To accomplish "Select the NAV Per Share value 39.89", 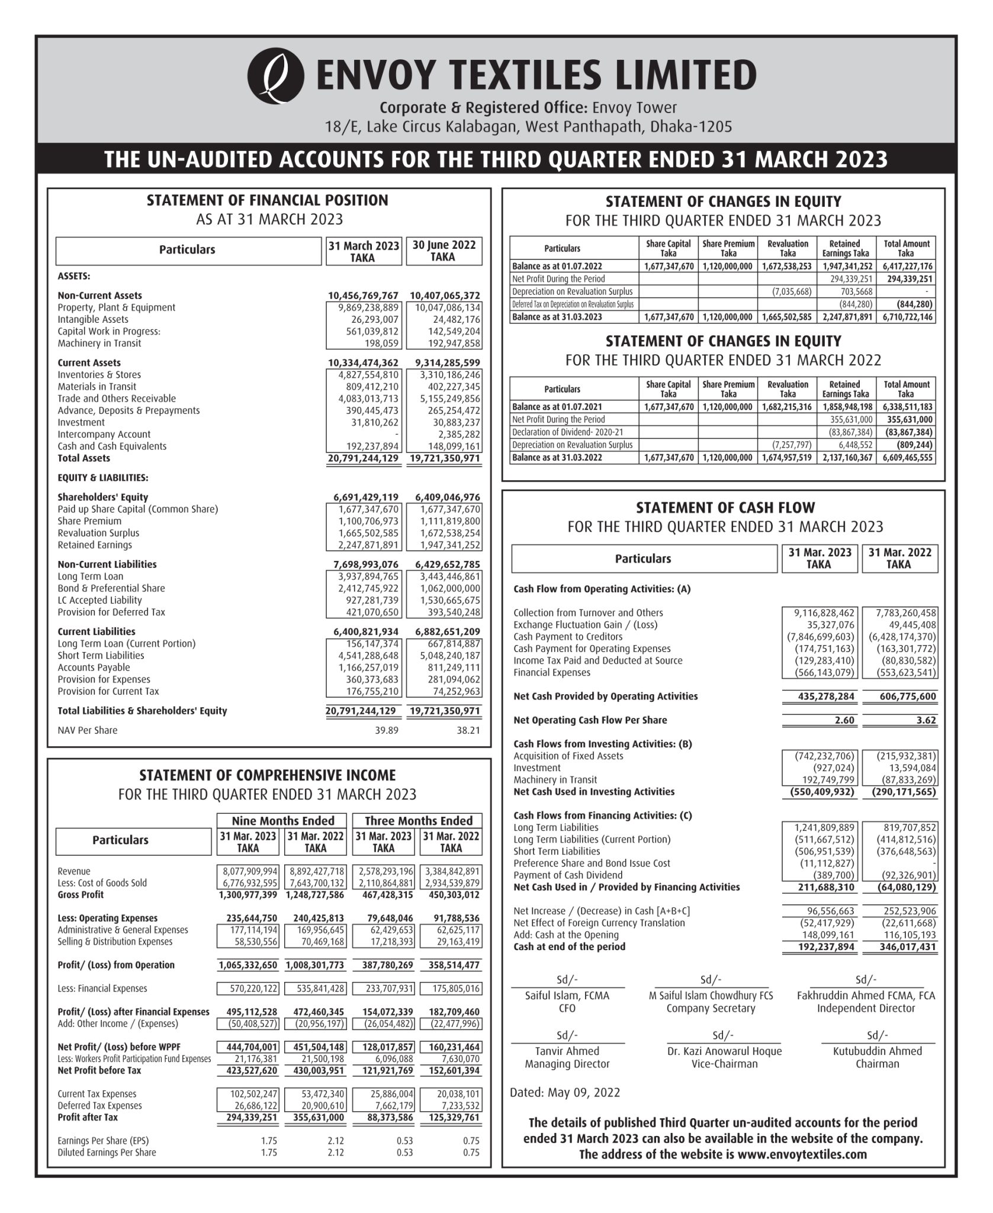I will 386,730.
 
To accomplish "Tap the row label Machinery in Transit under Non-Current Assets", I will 99,344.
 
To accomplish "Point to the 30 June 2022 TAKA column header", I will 444,251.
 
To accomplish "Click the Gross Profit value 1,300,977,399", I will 248,894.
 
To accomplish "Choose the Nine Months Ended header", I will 283,821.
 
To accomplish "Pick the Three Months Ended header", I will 418,821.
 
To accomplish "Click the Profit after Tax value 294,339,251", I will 248,1117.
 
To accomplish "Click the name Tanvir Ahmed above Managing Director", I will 567,1051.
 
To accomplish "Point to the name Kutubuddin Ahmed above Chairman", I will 877,1051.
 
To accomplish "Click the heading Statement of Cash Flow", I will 725,508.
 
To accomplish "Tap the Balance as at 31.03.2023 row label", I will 557,317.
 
